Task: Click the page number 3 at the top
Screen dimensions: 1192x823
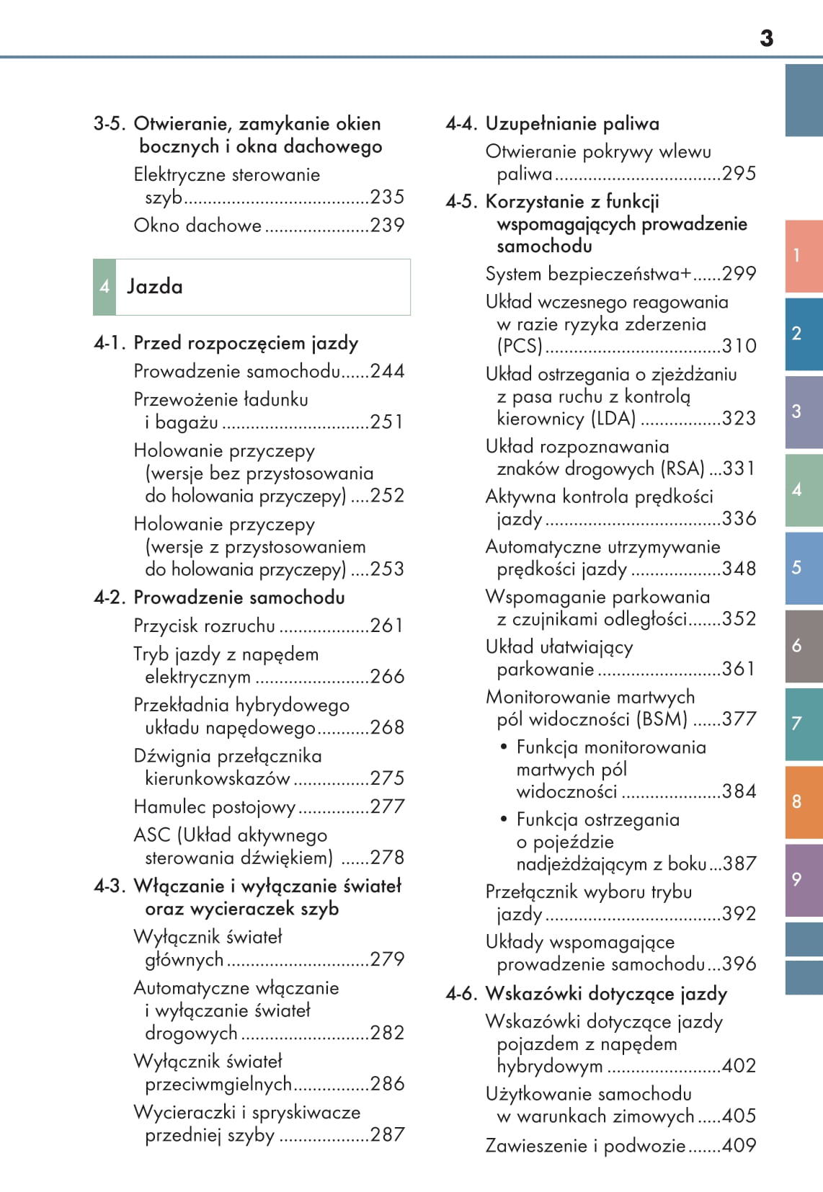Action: click(766, 38)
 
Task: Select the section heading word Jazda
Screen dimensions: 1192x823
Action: click(155, 287)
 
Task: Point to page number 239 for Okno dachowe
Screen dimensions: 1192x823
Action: click(387, 226)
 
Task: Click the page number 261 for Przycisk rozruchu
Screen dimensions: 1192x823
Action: click(387, 626)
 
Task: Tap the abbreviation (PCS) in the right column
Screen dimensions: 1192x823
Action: click(520, 346)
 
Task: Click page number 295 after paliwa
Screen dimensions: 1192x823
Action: click(739, 174)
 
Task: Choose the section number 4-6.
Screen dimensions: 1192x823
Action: click(462, 994)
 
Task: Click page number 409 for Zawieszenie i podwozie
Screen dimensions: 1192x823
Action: click(739, 1145)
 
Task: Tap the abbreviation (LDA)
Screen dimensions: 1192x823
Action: click(613, 418)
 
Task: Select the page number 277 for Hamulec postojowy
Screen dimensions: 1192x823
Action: click(387, 806)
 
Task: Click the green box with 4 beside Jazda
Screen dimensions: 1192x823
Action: click(104, 287)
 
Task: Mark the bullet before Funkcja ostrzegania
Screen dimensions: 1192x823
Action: click(504, 819)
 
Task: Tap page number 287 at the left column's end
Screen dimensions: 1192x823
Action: click(387, 1134)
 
